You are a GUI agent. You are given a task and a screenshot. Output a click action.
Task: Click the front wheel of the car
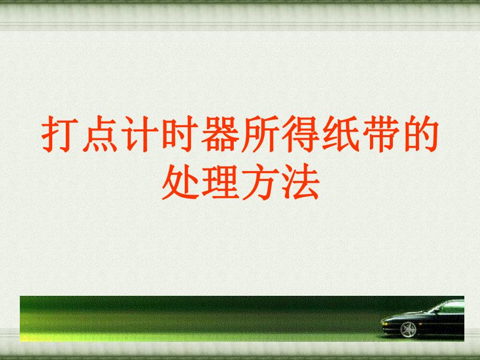coord(409,329)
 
